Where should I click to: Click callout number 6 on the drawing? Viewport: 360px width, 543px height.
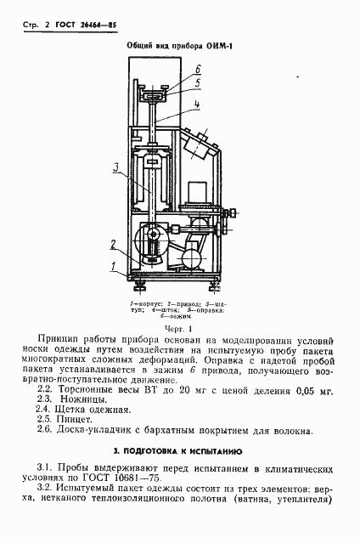[197, 69]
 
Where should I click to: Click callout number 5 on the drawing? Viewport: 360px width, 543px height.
[197, 82]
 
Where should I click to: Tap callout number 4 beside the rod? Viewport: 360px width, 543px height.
[197, 105]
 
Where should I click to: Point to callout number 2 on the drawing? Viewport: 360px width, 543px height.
[112, 243]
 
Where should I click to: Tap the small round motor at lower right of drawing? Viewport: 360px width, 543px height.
[194, 253]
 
